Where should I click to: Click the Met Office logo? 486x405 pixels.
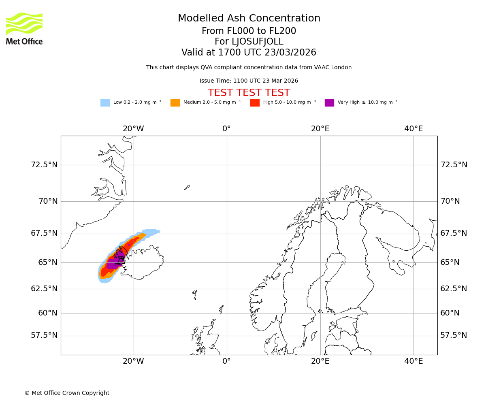[x=24, y=28]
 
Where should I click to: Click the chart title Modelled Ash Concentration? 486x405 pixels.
[x=249, y=19]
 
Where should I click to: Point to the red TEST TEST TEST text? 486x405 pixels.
[x=249, y=93]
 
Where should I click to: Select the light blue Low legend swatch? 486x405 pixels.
[x=105, y=103]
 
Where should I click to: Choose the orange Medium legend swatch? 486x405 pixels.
[x=175, y=103]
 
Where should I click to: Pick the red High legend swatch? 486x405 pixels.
[x=255, y=103]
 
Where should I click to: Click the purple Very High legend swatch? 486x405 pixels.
[x=329, y=103]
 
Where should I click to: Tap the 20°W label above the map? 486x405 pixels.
[x=133, y=129]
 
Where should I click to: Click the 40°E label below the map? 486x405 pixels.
[x=413, y=361]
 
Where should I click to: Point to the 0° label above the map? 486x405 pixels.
[x=226, y=129]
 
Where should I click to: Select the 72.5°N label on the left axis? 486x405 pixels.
[x=44, y=165]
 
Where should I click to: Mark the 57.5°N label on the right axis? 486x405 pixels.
[x=454, y=335]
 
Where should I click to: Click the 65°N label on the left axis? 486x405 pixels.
[x=48, y=262]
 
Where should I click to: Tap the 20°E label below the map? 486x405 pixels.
[x=320, y=361]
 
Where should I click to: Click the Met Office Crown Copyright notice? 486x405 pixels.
[x=67, y=393]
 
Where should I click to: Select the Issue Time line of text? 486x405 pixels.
[x=249, y=81]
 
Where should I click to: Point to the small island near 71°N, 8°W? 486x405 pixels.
[x=187, y=187]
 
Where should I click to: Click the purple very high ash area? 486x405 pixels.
[x=114, y=263]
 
